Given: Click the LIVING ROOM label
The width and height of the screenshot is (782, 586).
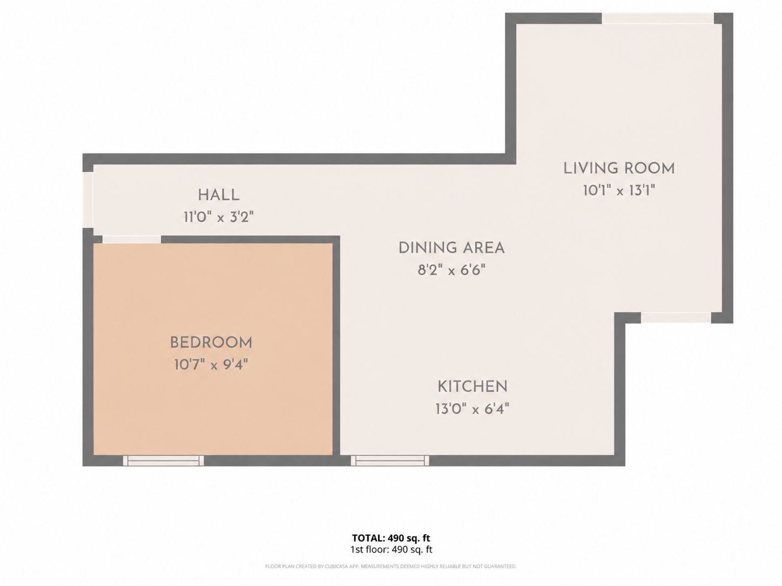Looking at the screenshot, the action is (619, 168).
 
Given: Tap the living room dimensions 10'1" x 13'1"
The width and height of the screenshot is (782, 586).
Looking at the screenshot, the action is (619, 190).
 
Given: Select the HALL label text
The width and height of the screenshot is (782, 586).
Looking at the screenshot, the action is (219, 195).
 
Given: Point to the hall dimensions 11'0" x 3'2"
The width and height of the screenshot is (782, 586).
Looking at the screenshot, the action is (219, 217).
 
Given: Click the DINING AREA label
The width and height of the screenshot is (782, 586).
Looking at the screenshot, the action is (451, 248).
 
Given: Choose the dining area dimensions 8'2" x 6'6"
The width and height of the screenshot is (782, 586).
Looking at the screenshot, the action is (451, 270).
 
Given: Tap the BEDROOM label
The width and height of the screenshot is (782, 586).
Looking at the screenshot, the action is (211, 343).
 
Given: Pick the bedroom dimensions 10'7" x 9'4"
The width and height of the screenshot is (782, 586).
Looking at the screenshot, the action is (211, 364).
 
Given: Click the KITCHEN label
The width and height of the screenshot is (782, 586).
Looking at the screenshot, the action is (473, 387).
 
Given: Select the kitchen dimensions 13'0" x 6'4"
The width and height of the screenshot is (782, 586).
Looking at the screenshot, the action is (473, 409).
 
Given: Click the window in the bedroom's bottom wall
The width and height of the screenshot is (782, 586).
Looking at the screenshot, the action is (164, 460).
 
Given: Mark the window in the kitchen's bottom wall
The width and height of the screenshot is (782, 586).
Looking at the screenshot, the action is (390, 460).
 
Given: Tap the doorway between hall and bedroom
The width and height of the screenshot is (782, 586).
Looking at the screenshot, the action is (132, 239).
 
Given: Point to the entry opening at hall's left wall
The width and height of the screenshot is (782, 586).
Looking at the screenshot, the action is (87, 200).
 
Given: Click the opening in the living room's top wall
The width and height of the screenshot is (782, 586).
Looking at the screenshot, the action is (658, 18).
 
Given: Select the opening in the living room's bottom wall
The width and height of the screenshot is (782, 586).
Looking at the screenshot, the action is (676, 318).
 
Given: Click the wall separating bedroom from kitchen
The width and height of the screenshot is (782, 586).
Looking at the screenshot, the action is (336, 349).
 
